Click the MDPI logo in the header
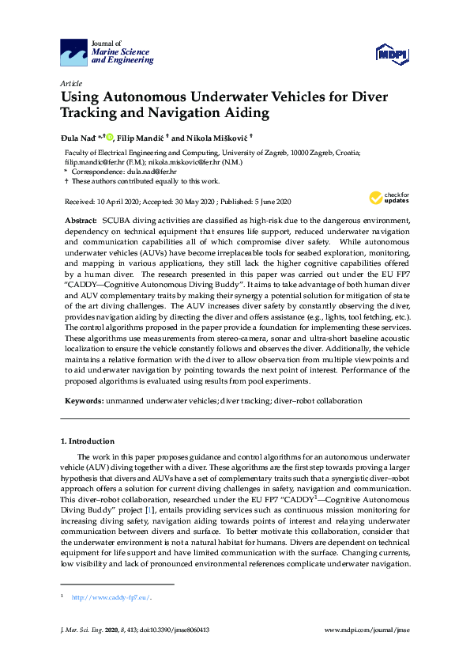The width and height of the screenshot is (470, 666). pyautogui.click(x=392, y=54)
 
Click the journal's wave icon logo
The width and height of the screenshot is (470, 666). pyautogui.click(x=74, y=54)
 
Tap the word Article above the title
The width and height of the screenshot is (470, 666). pyautogui.click(x=70, y=83)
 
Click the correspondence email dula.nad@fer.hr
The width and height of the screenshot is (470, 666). pyautogui.click(x=151, y=171)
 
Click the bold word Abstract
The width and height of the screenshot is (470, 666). pyautogui.click(x=81, y=218)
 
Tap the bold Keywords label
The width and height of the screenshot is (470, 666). pyautogui.click(x=84, y=401)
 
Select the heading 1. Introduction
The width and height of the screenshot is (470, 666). pyautogui.click(x=88, y=441)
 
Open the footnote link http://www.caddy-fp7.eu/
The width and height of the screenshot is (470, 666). pyautogui.click(x=111, y=597)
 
